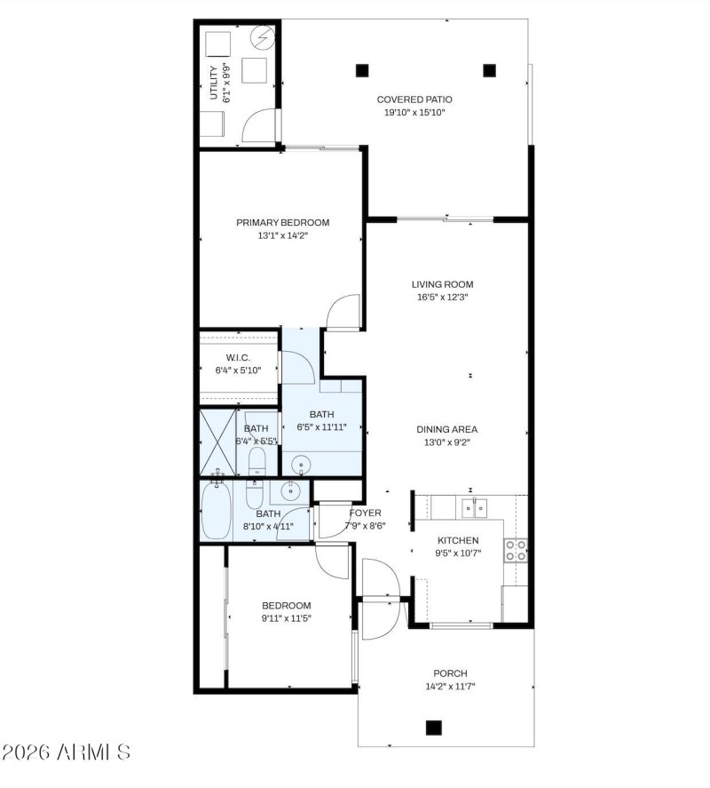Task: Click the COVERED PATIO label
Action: tap(414, 99)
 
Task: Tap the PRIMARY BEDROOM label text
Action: tap(282, 222)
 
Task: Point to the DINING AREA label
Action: tap(447, 429)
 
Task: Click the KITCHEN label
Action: tap(458, 540)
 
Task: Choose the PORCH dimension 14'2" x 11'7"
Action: tap(450, 687)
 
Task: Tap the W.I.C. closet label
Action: tap(239, 358)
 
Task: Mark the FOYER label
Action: tap(365, 513)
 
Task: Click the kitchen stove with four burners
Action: tap(516, 550)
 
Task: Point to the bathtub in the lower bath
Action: tap(216, 511)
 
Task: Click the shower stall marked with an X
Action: tap(218, 442)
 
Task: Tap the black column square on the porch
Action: tap(433, 728)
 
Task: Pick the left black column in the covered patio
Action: tap(361, 69)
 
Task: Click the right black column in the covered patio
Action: tap(488, 69)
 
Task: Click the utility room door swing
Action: tap(259, 125)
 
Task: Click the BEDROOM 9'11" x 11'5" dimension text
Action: tap(286, 618)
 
